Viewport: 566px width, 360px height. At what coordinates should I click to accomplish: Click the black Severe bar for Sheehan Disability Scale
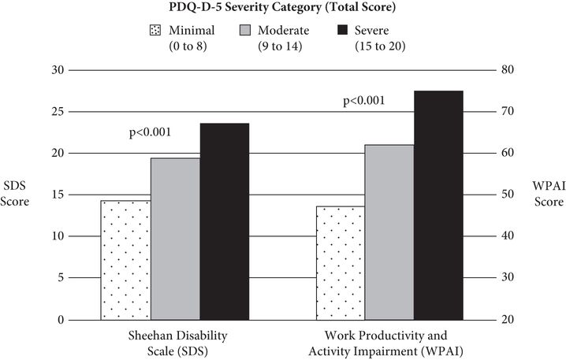(x=225, y=221)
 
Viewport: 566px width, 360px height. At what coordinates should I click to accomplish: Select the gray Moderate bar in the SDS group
(x=175, y=239)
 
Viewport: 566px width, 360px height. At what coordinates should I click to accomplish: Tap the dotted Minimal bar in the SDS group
(x=125, y=260)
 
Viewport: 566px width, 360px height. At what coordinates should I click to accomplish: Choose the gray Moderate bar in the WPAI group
(x=390, y=232)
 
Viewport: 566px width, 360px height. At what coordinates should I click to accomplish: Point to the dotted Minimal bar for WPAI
(x=341, y=263)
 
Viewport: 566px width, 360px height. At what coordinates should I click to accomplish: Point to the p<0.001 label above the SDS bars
(x=150, y=132)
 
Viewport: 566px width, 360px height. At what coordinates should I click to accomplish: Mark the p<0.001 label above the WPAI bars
(x=364, y=101)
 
